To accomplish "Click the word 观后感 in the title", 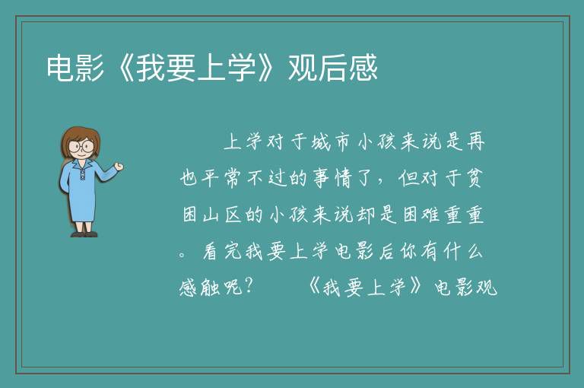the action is click(333, 68).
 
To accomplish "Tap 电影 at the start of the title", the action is click(75, 68).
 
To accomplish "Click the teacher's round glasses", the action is click(81, 146).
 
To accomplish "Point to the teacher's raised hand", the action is click(119, 167).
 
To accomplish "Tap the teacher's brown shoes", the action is click(84, 234).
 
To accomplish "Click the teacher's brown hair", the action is click(81, 138).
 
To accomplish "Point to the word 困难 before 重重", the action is click(421, 215).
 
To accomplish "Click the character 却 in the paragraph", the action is click(365, 215).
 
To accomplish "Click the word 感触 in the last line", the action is click(200, 288).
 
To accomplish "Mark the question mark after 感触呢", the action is click(249, 286).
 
